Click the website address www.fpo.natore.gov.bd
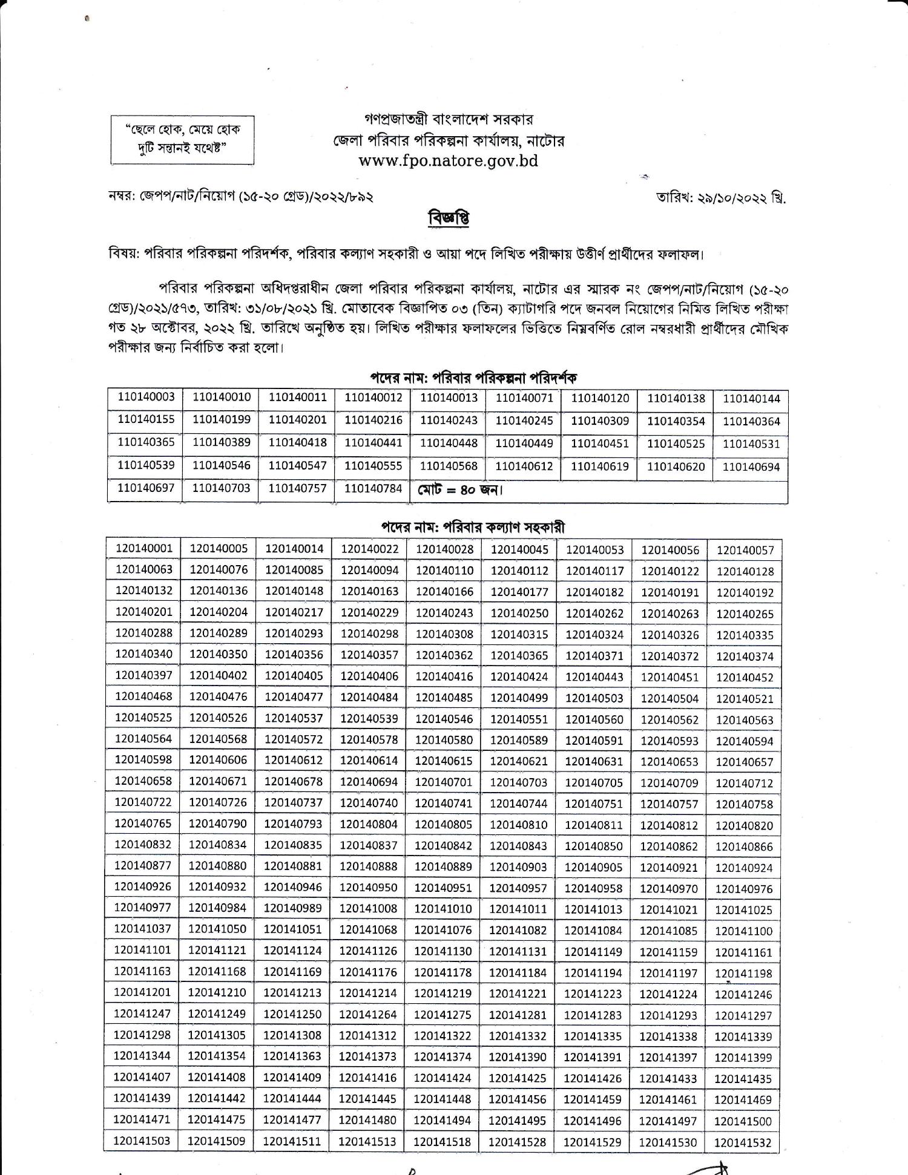point(448,162)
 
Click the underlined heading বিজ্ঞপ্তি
point(449,218)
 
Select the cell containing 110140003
point(146,397)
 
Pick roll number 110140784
point(373,488)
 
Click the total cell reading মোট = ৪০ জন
point(460,489)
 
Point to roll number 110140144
point(751,399)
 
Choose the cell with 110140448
point(449,443)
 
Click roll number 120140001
point(144,548)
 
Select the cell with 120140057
point(745,551)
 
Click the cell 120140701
point(444,782)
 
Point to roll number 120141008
point(368,908)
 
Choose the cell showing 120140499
point(519,698)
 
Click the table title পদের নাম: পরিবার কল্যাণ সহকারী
point(473,527)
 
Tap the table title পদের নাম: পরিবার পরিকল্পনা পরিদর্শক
point(473,378)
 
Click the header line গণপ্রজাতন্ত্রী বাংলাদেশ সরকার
point(449,120)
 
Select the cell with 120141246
point(743,994)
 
